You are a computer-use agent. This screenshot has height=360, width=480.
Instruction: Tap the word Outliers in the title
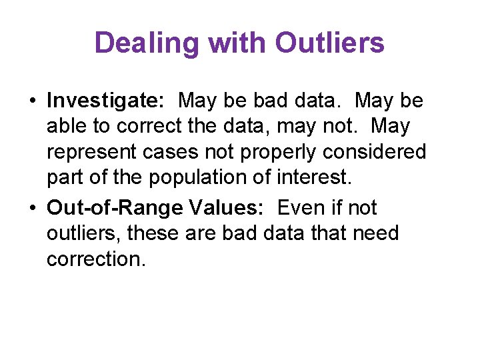point(329,43)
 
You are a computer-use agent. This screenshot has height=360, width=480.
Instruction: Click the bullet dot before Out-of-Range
point(32,209)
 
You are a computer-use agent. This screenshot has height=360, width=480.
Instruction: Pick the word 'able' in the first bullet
point(66,126)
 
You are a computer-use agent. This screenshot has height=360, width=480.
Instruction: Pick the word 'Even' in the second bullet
point(301,208)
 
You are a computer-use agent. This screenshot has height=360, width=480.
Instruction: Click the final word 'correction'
point(95,259)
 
